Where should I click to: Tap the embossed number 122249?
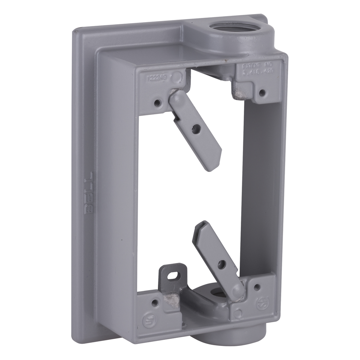(158, 79)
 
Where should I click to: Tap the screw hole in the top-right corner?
(262, 92)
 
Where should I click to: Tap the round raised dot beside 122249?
(179, 76)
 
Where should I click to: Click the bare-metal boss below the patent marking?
(243, 92)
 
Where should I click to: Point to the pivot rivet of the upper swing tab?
(175, 97)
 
